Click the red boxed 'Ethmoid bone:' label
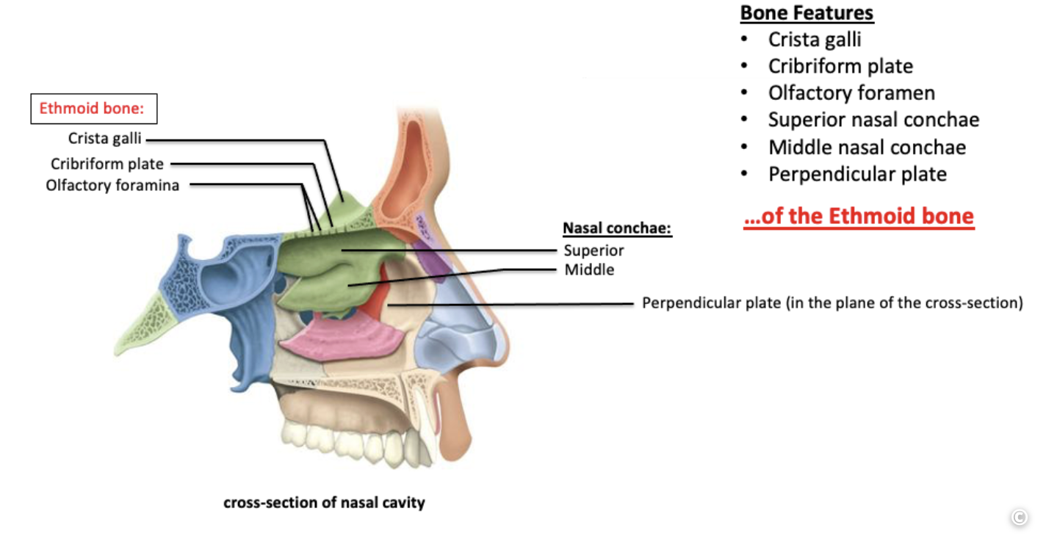pyautogui.click(x=93, y=109)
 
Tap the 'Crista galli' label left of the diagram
pyautogui.click(x=104, y=138)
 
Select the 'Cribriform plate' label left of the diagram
pyautogui.click(x=107, y=164)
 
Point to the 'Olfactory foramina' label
pyautogui.click(x=112, y=185)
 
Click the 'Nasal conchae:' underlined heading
pyautogui.click(x=617, y=228)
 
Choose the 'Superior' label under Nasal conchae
pyautogui.click(x=594, y=250)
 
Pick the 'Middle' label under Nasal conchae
pyautogui.click(x=589, y=269)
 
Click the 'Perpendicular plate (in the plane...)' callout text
pyautogui.click(x=832, y=303)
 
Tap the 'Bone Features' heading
pyautogui.click(x=807, y=13)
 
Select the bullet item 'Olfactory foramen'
pyautogui.click(x=851, y=93)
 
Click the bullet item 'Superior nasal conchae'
pyautogui.click(x=873, y=120)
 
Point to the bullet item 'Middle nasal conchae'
pyautogui.click(x=867, y=147)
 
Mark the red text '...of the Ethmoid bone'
pyautogui.click(x=858, y=217)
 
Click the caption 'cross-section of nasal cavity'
pyautogui.click(x=324, y=503)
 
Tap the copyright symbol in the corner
pyautogui.click(x=1019, y=517)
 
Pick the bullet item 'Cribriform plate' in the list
pyautogui.click(x=840, y=66)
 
